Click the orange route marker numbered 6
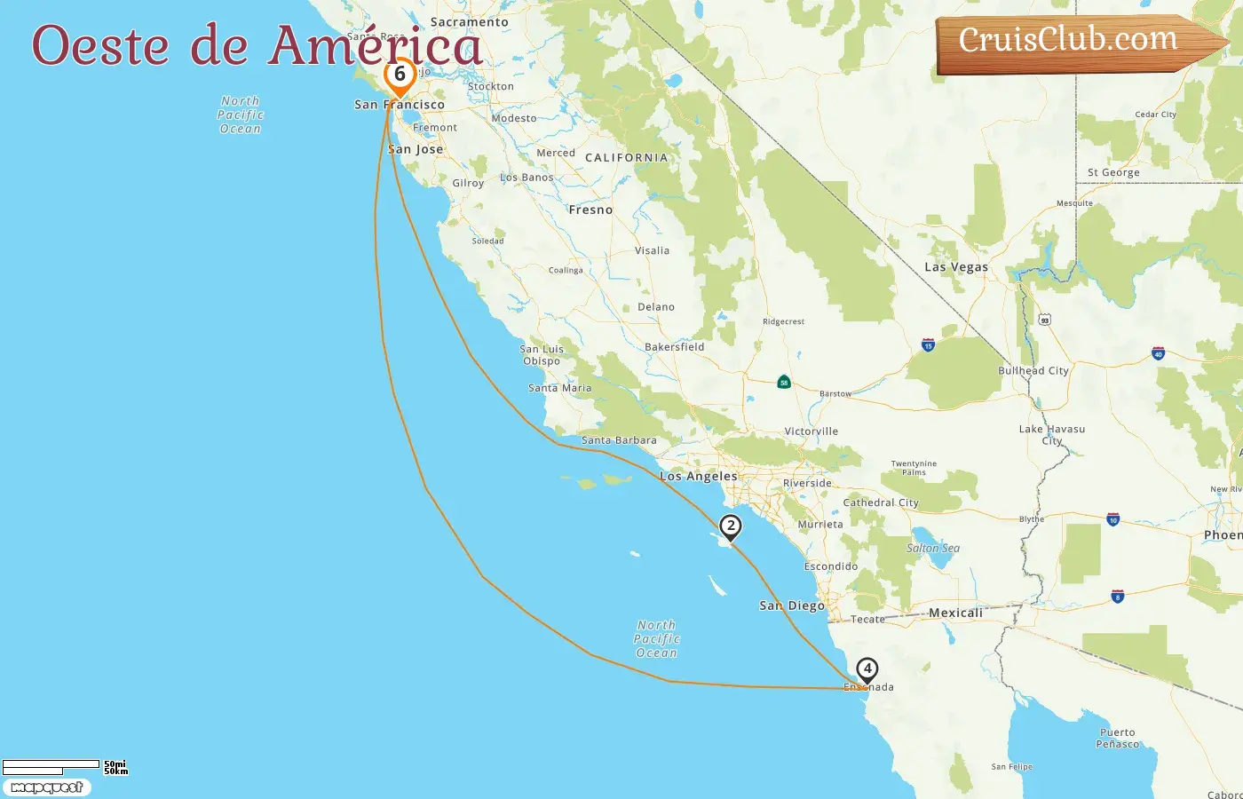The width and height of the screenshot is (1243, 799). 400,75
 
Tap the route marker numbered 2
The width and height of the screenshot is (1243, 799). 730,526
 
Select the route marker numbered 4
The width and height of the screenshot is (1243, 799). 867,669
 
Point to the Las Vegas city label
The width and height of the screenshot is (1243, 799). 955,267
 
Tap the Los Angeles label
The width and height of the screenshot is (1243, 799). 698,477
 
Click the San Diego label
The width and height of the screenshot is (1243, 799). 792,605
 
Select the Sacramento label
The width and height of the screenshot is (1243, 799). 470,22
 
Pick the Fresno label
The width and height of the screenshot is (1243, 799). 590,210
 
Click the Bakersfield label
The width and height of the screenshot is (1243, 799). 674,347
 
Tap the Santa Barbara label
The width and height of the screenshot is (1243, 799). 619,440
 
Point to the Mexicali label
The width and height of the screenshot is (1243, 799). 955,613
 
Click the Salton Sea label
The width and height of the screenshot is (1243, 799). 932,549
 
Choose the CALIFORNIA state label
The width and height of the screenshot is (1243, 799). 626,158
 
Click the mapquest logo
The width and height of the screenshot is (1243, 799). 46,787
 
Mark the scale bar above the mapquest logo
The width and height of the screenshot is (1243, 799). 51,766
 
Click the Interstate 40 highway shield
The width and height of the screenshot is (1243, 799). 1158,353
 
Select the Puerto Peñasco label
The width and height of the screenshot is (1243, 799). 1117,739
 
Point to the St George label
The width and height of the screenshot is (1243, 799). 1113,173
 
